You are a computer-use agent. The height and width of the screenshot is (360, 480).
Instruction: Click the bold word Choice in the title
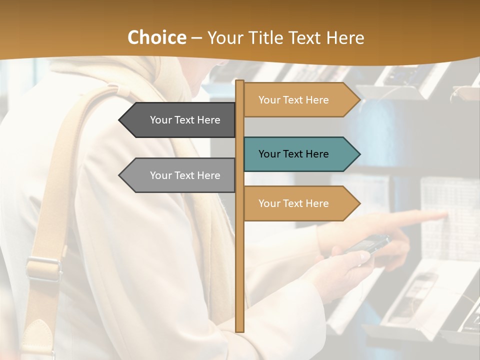[156, 38]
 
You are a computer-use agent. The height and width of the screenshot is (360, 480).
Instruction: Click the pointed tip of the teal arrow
[359, 154]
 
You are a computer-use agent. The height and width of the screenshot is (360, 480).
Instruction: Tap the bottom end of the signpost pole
[239, 330]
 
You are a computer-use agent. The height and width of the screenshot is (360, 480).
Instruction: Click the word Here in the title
[345, 38]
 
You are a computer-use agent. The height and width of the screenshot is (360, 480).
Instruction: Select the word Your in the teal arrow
[269, 154]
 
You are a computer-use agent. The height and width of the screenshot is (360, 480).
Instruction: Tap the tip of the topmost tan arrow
[359, 100]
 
